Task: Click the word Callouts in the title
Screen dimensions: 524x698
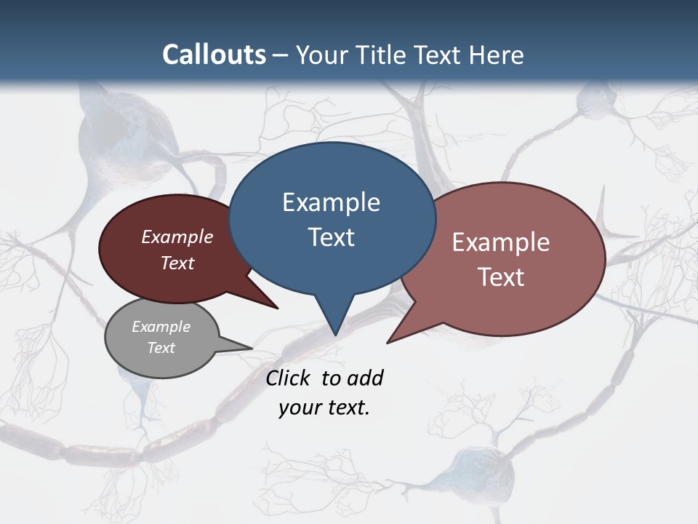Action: [214, 55]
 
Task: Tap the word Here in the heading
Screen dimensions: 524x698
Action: [497, 55]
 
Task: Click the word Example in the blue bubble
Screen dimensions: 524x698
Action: [331, 202]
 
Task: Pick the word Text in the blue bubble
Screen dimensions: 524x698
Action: [331, 237]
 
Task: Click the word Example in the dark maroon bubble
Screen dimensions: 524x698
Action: [177, 237]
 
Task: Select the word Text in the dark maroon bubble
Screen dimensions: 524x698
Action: [177, 263]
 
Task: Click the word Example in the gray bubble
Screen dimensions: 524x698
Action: [161, 327]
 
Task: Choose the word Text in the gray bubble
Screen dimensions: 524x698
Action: [161, 348]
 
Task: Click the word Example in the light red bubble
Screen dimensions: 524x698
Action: [501, 242]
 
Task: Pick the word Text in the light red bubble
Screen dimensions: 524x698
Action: [501, 277]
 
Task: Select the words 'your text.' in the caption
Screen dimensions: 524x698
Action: [324, 408]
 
